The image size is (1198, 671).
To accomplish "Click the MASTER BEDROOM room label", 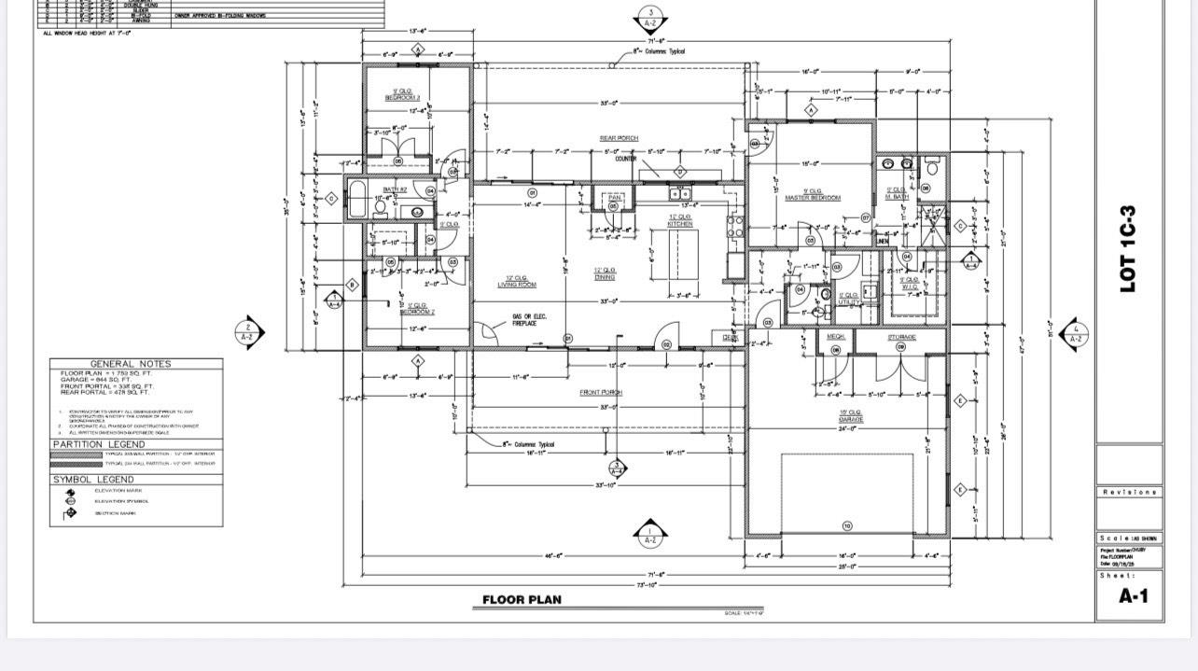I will pos(812,197).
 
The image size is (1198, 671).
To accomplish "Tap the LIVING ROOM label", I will pos(516,284).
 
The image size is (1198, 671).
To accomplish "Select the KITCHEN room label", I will pos(680,223).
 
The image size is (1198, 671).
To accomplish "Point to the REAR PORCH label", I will pos(619,138).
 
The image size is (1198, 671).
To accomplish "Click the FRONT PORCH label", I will pos(601,393).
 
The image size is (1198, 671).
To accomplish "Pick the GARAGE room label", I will pos(849,419).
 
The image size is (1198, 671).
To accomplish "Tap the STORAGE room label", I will pos(901,337).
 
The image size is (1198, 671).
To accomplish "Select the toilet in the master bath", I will pos(931,168).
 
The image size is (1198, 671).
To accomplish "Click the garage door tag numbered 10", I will pos(847,527).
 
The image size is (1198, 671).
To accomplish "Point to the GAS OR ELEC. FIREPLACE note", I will pos(530,320).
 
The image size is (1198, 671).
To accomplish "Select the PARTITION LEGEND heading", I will pos(99,444).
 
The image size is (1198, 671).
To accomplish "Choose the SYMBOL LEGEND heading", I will pos(93,480).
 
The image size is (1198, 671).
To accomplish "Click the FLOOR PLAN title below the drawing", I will pos(522,599).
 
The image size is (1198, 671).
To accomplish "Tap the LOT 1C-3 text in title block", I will pos(1128,249).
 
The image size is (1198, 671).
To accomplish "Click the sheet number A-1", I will pos(1133,596).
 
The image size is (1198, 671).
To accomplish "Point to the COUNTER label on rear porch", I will pos(626,159).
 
